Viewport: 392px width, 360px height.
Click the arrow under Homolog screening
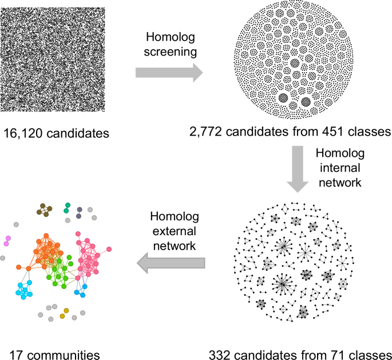(x=169, y=73)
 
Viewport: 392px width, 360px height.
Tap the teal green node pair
(x=68, y=207)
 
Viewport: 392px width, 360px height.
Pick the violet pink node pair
(x=7, y=240)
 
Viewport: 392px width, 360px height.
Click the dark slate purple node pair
(x=80, y=212)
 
